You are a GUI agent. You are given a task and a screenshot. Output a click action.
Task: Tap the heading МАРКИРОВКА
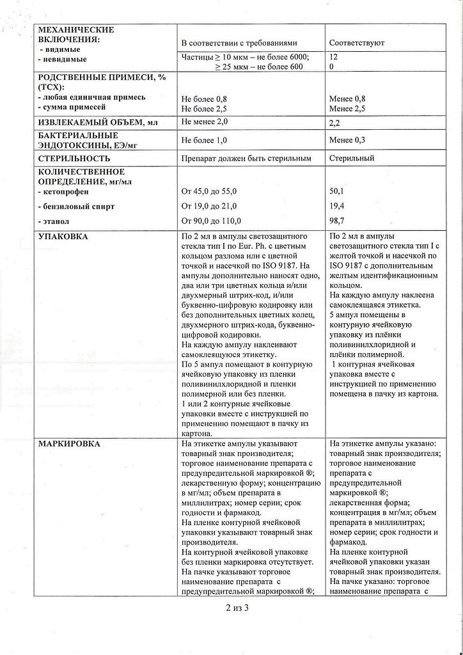click(69, 443)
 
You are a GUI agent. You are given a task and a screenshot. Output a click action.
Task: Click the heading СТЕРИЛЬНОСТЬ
click(74, 158)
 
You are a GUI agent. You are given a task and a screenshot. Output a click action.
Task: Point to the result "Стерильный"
click(352, 158)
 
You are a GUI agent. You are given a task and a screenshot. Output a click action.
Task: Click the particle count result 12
click(333, 57)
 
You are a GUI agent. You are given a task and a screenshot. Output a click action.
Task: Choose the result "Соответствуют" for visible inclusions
click(357, 43)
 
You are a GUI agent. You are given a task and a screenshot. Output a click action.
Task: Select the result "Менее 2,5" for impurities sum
click(347, 109)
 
